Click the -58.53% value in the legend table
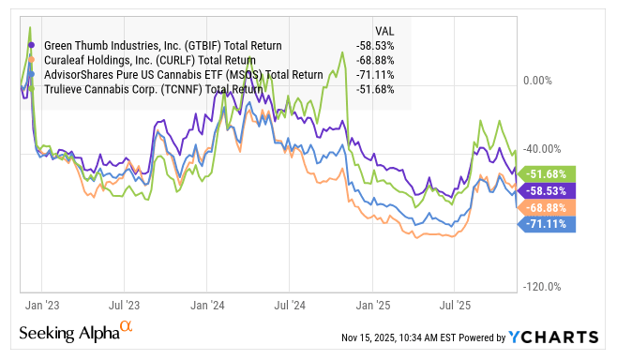point(377,44)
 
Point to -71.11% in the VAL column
point(377,74)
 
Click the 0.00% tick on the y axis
point(543,81)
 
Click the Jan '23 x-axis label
point(40,305)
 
